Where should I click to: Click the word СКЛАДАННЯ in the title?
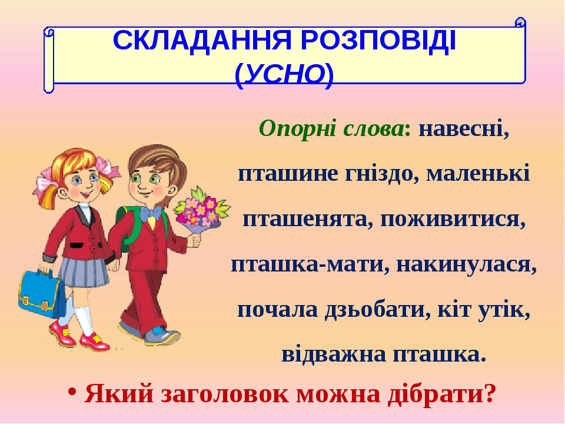pos(202,41)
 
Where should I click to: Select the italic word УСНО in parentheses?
pos(285,75)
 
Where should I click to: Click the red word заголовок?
pos(225,394)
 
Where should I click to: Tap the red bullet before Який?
pos(73,392)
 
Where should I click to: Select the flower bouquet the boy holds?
pos(202,211)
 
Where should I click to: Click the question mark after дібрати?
pos(489,393)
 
